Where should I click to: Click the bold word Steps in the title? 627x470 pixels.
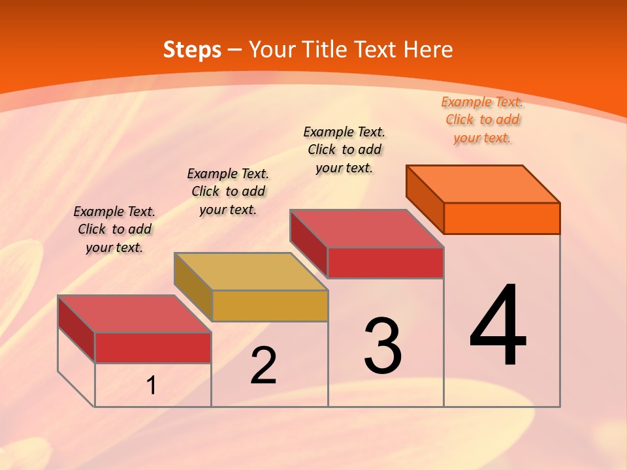click(x=192, y=50)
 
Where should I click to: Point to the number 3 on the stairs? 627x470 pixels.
click(x=383, y=346)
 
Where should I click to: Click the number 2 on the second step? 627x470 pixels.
click(x=264, y=366)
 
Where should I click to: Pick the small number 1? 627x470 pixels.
click(x=152, y=386)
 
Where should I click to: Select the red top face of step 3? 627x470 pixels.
click(x=367, y=228)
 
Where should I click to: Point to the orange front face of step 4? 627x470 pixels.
click(x=502, y=218)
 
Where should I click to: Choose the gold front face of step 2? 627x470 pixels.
click(x=270, y=305)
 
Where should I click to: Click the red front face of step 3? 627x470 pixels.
click(x=385, y=262)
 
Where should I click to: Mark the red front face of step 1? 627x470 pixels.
click(x=153, y=347)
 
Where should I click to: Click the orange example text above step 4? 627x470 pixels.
click(x=482, y=119)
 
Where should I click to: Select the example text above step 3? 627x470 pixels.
click(x=344, y=149)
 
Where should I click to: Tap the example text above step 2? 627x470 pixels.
click(x=228, y=191)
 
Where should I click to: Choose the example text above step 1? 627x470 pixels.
click(x=114, y=229)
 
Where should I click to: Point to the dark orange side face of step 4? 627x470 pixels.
click(x=425, y=199)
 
